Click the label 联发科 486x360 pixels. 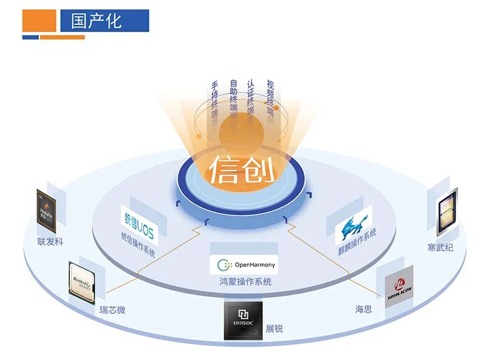pyautogui.click(x=50, y=242)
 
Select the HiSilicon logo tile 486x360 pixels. pyautogui.click(x=399, y=284)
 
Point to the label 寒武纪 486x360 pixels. pyautogui.click(x=440, y=248)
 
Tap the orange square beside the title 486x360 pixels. pyautogui.click(x=39, y=21)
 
